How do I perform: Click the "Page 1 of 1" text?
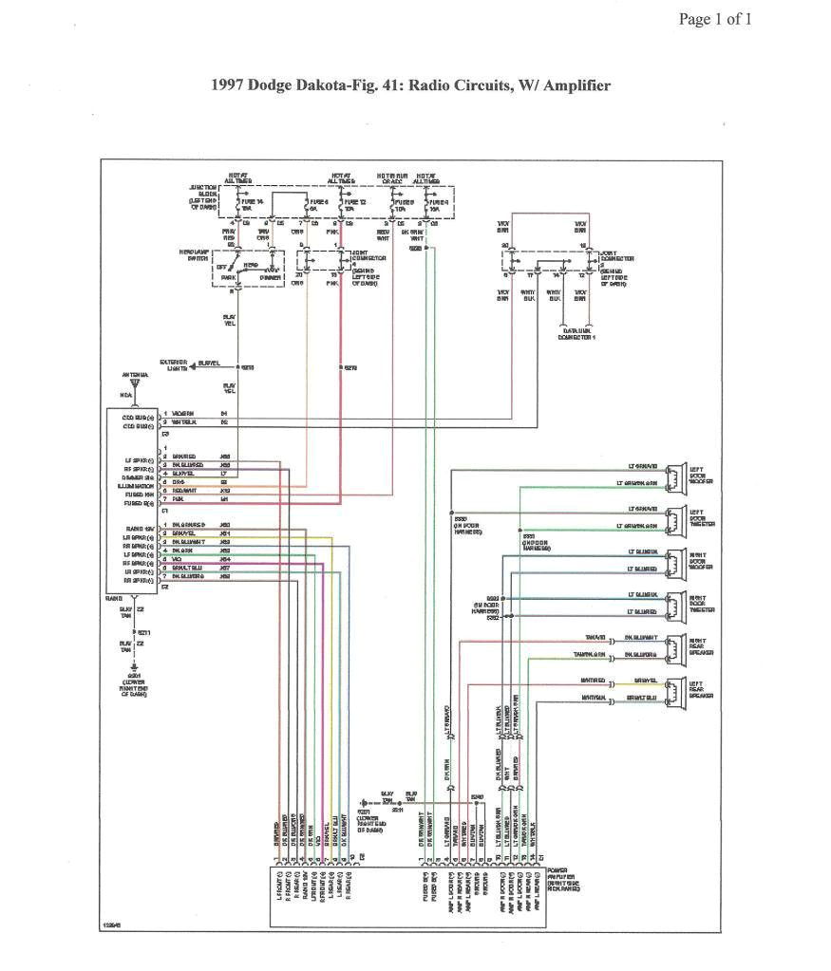click(x=714, y=19)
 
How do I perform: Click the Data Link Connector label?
click(x=576, y=334)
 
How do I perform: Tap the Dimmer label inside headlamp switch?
click(x=270, y=277)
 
